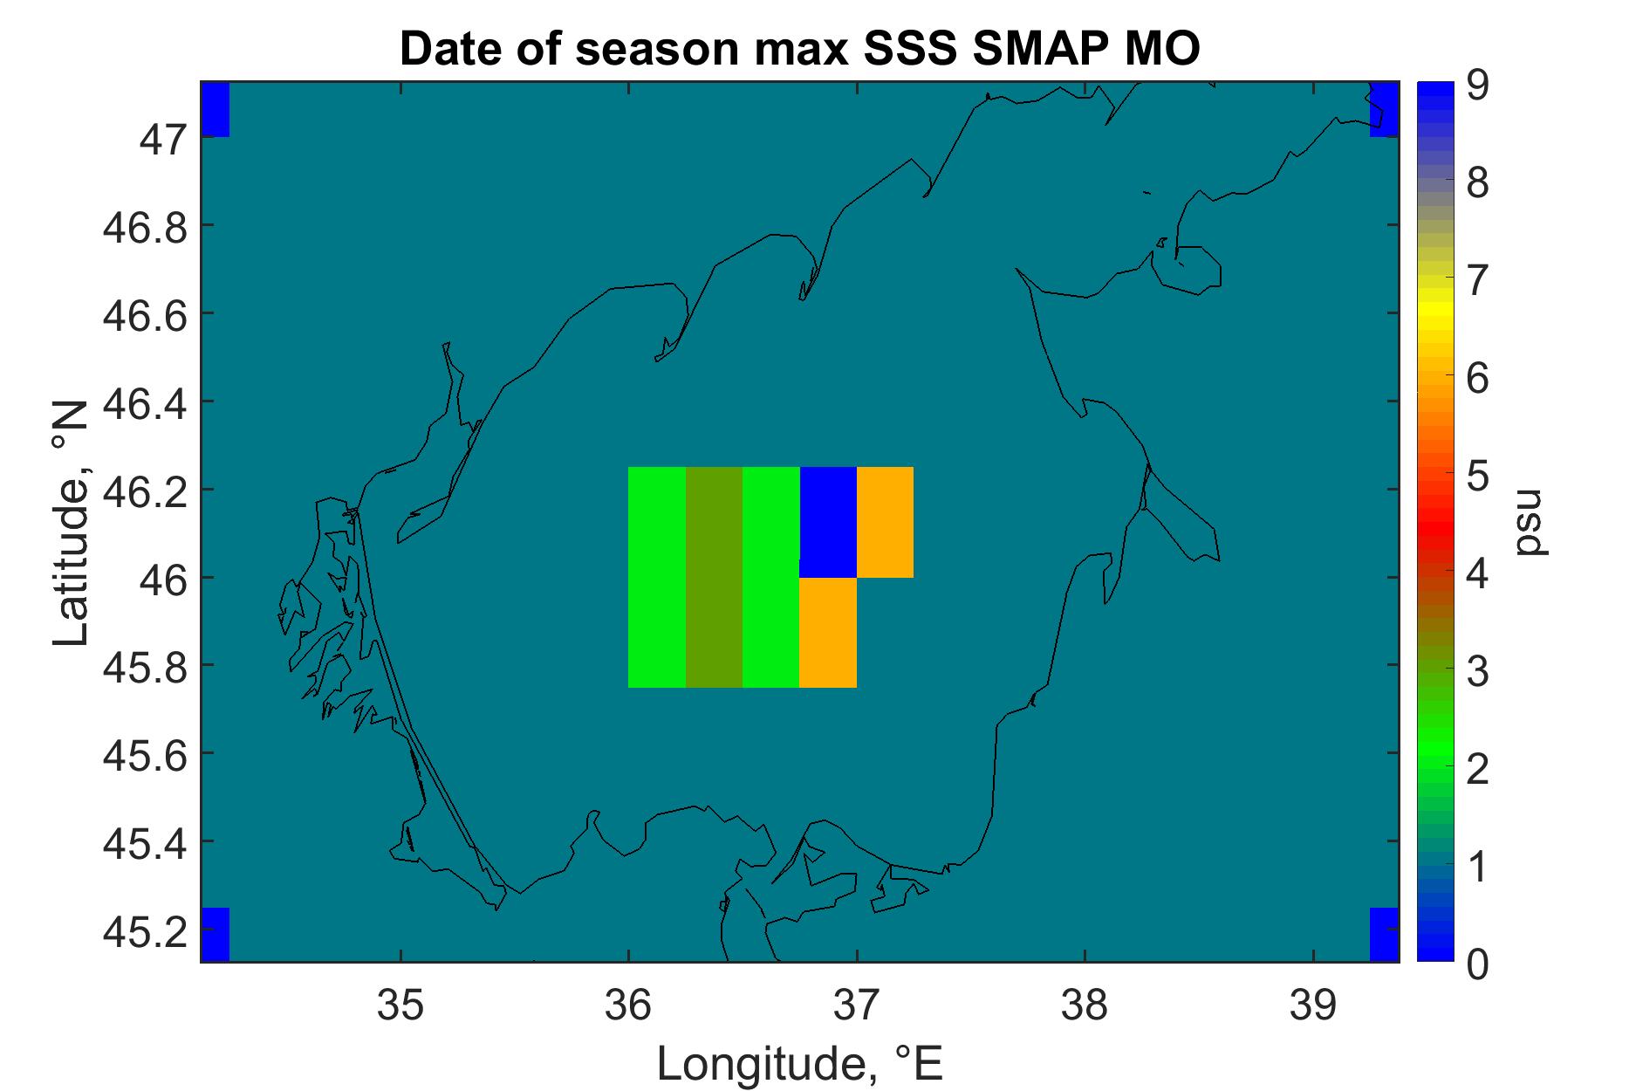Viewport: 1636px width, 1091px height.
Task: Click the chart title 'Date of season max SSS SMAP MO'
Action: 800,50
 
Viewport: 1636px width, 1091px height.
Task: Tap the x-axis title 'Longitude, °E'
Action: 800,1062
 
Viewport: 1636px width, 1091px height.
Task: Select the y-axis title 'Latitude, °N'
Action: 72,524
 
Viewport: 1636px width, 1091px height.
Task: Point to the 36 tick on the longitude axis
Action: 628,1006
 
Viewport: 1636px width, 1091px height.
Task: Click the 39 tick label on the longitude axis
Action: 1313,1006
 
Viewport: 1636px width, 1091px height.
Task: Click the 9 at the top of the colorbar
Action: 1477,86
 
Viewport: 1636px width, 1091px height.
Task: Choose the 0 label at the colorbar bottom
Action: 1477,964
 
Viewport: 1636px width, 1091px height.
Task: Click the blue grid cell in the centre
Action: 828,522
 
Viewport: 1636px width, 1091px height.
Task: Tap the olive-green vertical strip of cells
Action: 714,577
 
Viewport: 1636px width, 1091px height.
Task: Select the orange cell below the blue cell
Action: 828,633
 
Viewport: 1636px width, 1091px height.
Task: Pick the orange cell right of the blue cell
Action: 885,522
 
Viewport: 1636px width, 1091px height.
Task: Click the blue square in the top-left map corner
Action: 216,110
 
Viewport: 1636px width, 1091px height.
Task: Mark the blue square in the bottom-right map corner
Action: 1385,935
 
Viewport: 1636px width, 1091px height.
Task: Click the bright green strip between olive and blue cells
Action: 771,577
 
